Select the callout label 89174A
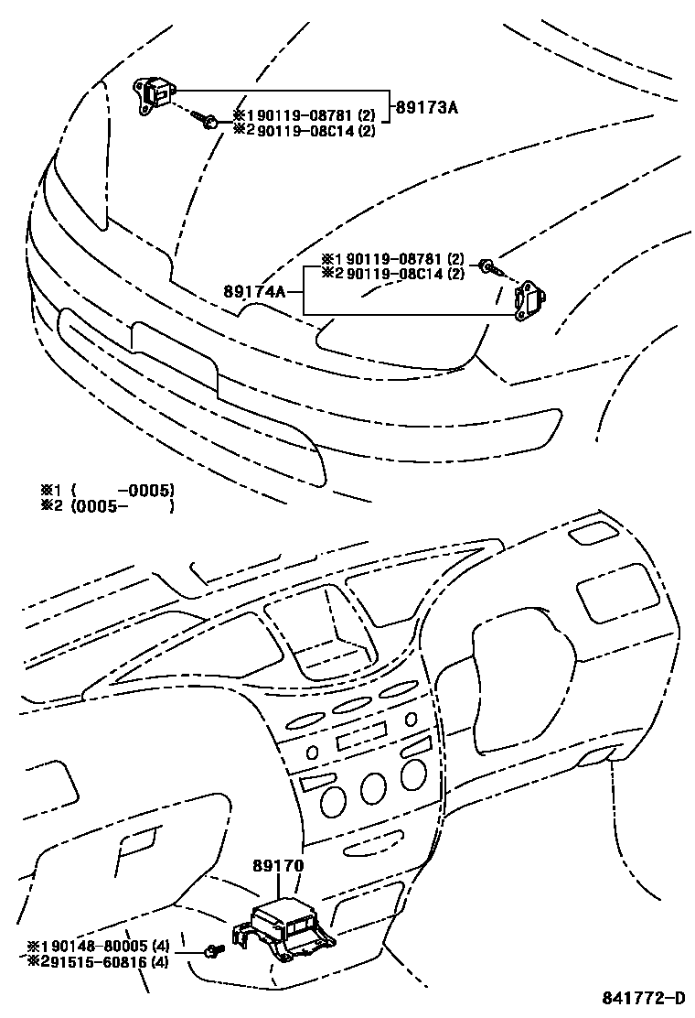pos(253,292)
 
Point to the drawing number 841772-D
pos(644,997)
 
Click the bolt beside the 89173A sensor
pos(209,121)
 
